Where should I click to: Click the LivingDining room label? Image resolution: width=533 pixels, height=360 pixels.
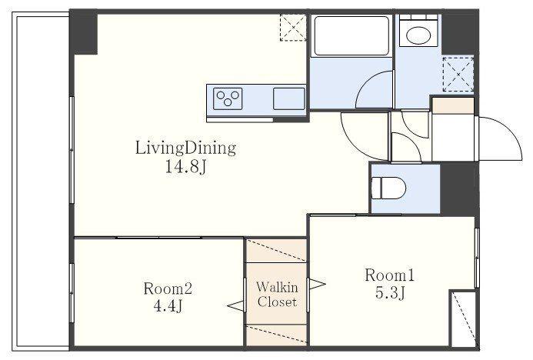185,148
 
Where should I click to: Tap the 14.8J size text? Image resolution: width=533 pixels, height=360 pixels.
186,167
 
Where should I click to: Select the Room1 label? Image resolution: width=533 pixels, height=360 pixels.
389,275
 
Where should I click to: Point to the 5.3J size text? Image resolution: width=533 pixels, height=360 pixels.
390,292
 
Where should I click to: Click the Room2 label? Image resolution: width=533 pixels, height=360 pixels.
168,288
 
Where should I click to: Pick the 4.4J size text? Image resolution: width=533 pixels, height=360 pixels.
168,306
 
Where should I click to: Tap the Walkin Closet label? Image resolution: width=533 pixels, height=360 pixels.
277,295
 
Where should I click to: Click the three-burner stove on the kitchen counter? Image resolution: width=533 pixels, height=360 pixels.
228,98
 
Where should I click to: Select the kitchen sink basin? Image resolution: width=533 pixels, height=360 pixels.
289,98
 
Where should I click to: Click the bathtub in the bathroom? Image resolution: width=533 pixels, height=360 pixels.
351,35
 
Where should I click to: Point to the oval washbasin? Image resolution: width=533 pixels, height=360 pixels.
419,35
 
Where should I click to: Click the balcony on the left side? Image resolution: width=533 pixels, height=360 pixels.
41,181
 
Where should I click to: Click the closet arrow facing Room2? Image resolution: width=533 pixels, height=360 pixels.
235,305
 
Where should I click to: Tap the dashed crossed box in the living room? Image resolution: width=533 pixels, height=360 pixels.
293,28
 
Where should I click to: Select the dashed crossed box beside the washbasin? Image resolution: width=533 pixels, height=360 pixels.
458,75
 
